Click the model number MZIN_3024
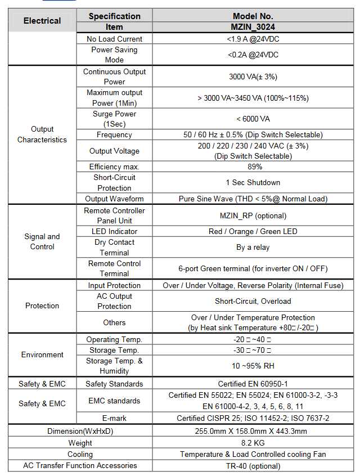coord(253,26)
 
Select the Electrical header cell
coord(42,21)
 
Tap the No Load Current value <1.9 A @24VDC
coord(253,39)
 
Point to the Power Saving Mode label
coord(114,55)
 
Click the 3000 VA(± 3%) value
coord(253,77)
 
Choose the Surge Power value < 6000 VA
coord(253,119)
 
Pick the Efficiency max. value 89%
coord(253,167)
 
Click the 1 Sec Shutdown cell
coord(253,182)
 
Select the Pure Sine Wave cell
coord(253,199)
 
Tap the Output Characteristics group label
coord(42,134)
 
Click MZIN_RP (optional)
coord(253,215)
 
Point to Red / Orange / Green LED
coord(253,231)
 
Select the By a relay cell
coord(253,247)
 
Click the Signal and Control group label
coord(42,241)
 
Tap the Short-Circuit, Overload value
coord(253,301)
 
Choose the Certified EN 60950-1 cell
coord(253,384)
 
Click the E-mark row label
coord(114,418)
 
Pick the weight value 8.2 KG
coord(253,443)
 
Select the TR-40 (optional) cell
coord(253,465)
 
